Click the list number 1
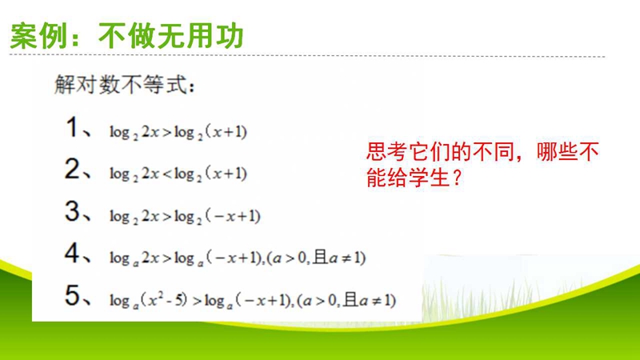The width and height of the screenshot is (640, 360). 72,127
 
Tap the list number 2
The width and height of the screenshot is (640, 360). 72,169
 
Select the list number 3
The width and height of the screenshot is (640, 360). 72,211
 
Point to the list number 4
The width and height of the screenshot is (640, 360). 72,253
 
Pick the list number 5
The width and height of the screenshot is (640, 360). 72,295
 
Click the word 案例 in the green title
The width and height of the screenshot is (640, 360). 38,36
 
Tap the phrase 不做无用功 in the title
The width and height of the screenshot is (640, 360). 171,36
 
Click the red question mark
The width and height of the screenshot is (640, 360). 457,177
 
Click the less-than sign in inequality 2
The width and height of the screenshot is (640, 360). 167,174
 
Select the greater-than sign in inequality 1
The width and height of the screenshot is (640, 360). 167,132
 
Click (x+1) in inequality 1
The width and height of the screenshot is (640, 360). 226,131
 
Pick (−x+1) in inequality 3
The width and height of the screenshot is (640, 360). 233,215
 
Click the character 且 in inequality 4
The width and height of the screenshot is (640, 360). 321,257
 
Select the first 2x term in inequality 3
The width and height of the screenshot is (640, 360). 150,216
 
